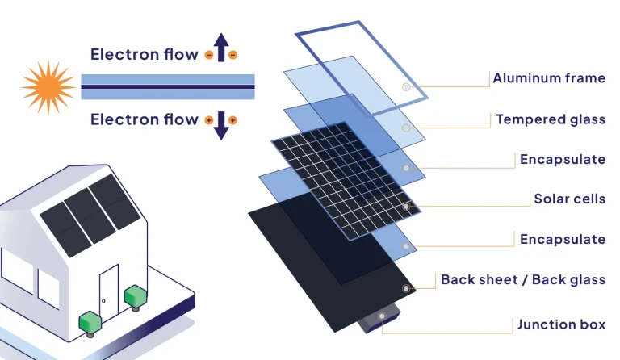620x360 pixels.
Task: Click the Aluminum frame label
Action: pyautogui.click(x=549, y=78)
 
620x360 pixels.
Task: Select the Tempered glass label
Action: pyautogui.click(x=551, y=119)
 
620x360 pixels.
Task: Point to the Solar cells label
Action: pyautogui.click(x=569, y=199)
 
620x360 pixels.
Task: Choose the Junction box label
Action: pyautogui.click(x=561, y=324)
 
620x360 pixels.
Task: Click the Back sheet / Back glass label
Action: pyautogui.click(x=522, y=280)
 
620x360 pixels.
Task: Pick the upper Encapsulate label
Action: pyautogui.click(x=562, y=159)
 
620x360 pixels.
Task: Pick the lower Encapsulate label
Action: pyautogui.click(x=562, y=239)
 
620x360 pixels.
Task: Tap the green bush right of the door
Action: pyautogui.click(x=133, y=295)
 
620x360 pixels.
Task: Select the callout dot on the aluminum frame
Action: pyautogui.click(x=406, y=86)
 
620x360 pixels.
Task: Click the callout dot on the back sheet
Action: pyautogui.click(x=406, y=288)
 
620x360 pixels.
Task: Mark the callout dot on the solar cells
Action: pyautogui.click(x=406, y=207)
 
